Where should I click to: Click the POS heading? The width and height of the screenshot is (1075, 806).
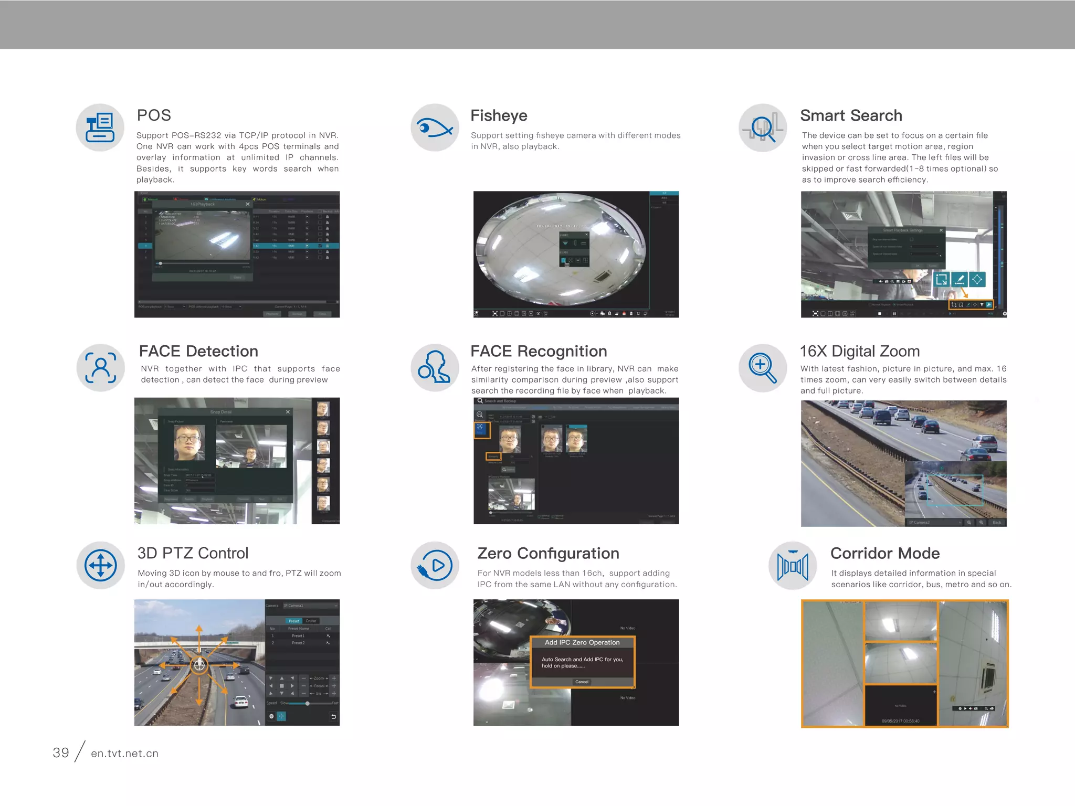[x=154, y=115]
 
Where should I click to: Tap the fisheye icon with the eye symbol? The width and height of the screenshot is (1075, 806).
[x=435, y=128]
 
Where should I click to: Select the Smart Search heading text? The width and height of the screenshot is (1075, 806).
[x=851, y=115]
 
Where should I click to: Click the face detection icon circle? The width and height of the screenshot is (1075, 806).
[x=100, y=367]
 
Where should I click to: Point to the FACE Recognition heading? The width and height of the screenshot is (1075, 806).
[x=539, y=351]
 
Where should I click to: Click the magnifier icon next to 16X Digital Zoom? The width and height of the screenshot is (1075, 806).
[x=762, y=367]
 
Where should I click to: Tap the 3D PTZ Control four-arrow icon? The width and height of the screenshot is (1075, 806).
[x=100, y=565]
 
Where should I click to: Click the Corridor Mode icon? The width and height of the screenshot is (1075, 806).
[x=792, y=566]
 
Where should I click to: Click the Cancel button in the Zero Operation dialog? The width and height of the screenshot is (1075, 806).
[x=582, y=682]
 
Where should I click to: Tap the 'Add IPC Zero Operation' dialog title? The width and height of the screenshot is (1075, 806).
[x=582, y=642]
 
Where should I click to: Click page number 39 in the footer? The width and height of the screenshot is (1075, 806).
[x=61, y=752]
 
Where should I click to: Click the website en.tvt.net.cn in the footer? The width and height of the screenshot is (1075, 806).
[x=124, y=753]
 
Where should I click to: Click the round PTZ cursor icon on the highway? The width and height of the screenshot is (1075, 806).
[x=199, y=665]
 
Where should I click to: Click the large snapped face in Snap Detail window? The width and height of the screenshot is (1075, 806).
[x=189, y=442]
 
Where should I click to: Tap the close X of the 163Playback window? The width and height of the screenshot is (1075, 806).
[x=248, y=204]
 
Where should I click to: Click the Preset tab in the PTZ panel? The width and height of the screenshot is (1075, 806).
[x=293, y=621]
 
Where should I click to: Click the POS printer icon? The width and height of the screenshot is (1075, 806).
[x=100, y=128]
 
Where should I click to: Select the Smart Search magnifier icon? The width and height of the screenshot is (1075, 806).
[x=762, y=128]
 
